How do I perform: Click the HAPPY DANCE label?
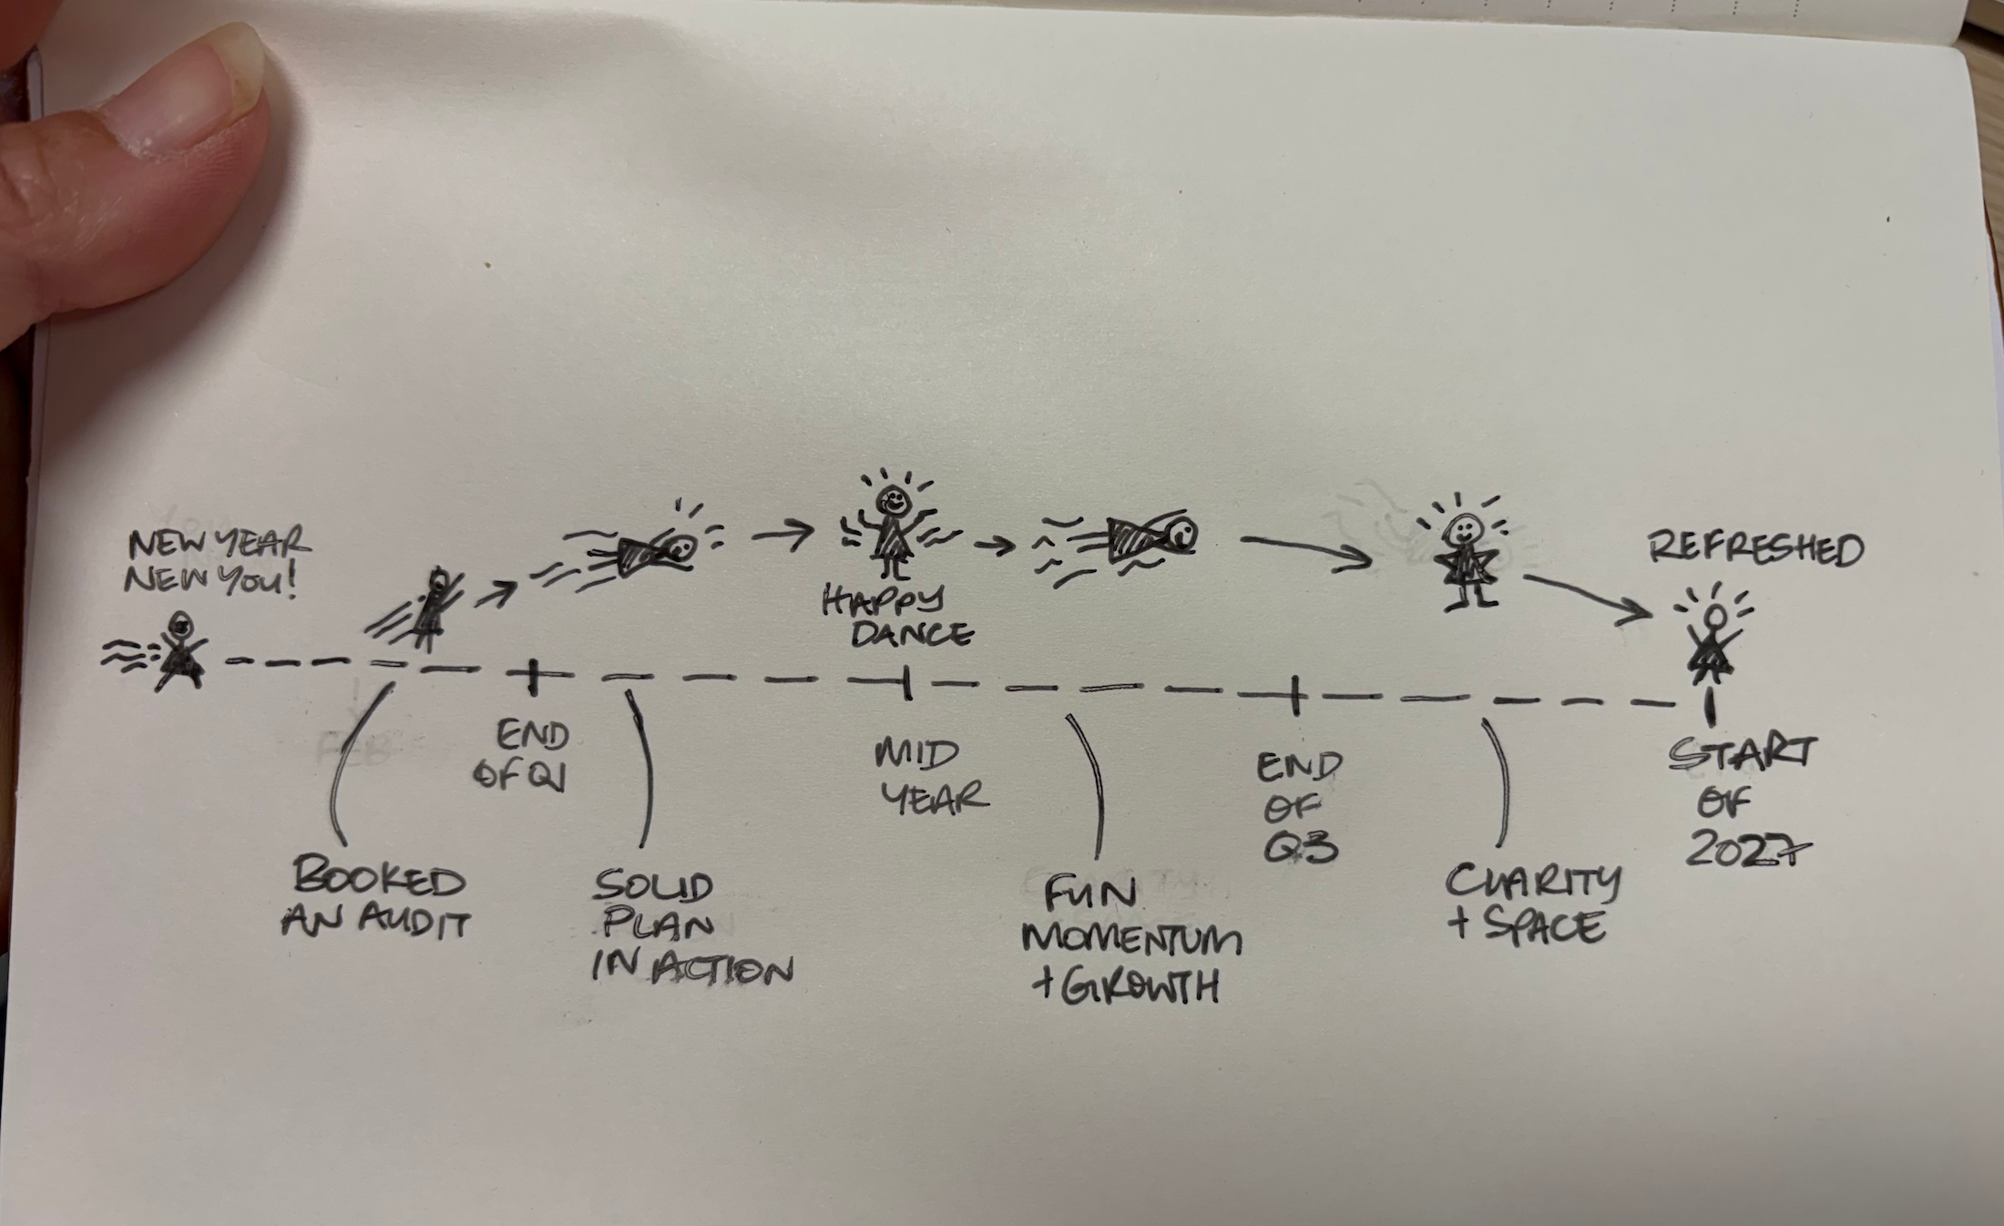pyautogui.click(x=897, y=617)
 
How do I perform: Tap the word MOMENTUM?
pyautogui.click(x=1132, y=939)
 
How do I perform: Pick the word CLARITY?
pyautogui.click(x=1533, y=881)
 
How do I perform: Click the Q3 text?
pyautogui.click(x=1300, y=848)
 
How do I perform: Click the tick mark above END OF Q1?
pyautogui.click(x=535, y=676)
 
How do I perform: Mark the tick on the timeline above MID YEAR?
pyautogui.click(x=906, y=682)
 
